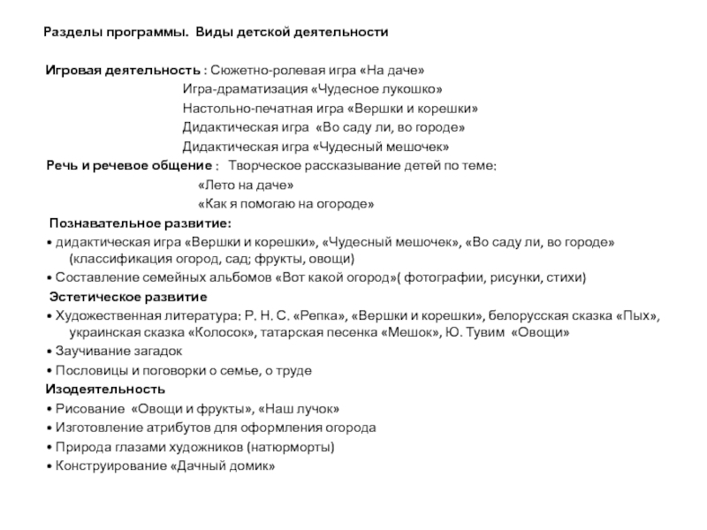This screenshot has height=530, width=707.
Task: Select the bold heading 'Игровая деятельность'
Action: [x=124, y=70]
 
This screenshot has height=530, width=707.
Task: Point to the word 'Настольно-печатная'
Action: [x=237, y=109]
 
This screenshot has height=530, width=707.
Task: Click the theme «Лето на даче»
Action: [x=246, y=185]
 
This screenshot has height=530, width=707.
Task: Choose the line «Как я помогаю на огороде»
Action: [x=286, y=205]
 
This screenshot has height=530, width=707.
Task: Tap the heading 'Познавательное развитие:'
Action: [x=140, y=223]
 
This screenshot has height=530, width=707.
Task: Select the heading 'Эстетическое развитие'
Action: [x=128, y=297]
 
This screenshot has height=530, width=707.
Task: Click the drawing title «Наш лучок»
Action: [x=297, y=409]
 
